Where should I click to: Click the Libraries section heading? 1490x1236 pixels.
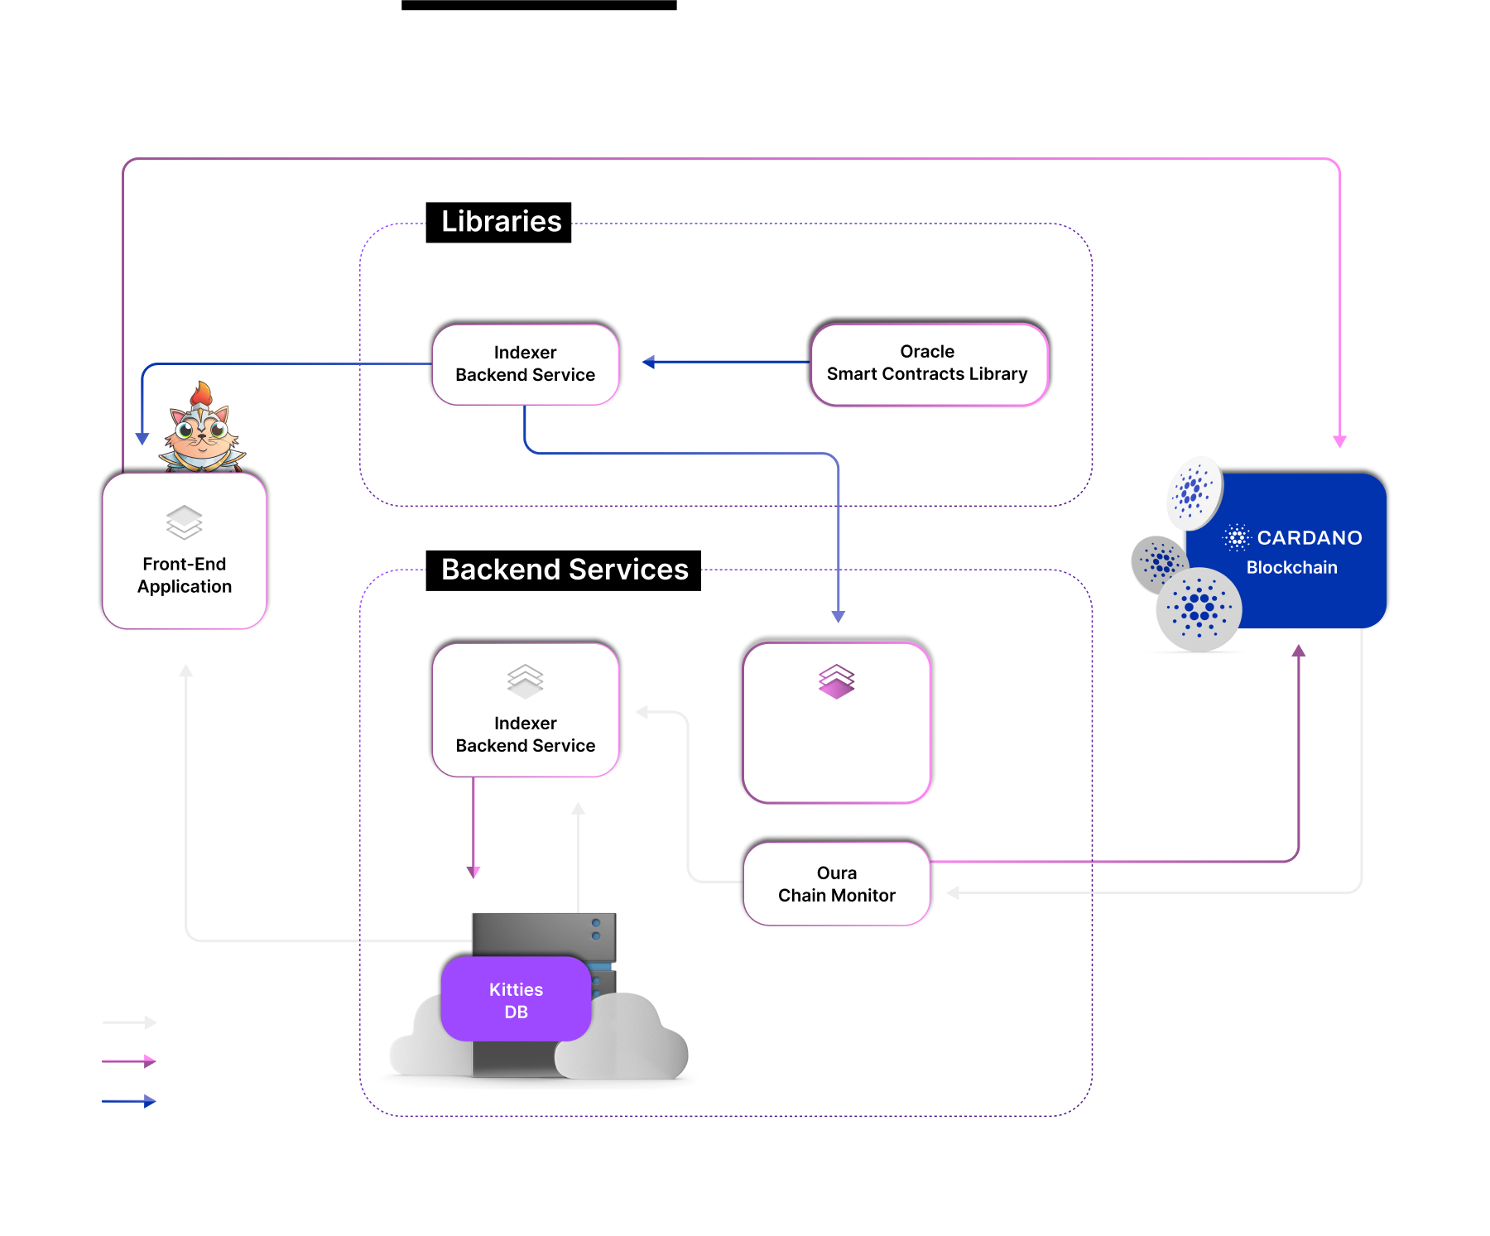tap(501, 222)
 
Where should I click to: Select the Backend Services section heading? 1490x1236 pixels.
tap(565, 570)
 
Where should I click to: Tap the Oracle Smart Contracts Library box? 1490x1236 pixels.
tap(927, 363)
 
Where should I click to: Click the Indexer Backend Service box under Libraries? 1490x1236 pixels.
tap(525, 364)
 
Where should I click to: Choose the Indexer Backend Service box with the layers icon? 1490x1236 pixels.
tap(525, 710)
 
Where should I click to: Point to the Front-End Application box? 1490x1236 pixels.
tap(185, 551)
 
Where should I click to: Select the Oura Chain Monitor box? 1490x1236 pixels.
tap(836, 884)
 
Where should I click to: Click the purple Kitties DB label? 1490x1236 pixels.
tap(516, 1000)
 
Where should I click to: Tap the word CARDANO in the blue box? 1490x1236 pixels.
tap(1309, 538)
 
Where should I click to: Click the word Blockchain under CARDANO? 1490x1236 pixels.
tap(1291, 568)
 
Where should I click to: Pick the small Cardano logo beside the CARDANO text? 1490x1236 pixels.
tap(1237, 537)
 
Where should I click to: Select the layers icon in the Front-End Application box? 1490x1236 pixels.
tap(185, 522)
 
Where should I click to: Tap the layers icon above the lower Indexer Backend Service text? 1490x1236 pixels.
tap(525, 681)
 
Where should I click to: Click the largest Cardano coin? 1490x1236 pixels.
tap(1199, 609)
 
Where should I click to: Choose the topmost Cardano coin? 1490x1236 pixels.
tap(1193, 492)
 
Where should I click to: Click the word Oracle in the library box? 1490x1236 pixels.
tap(927, 352)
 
